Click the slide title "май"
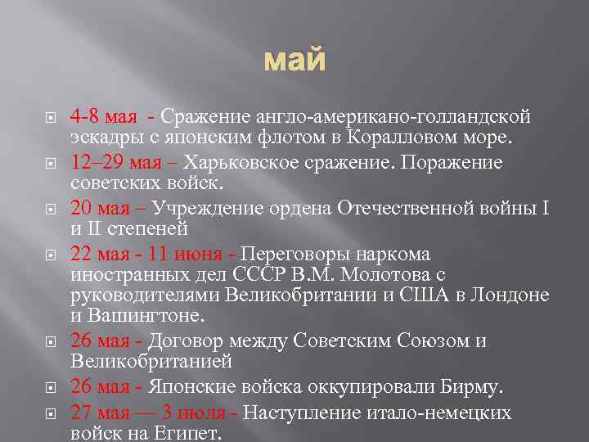[294, 61]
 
